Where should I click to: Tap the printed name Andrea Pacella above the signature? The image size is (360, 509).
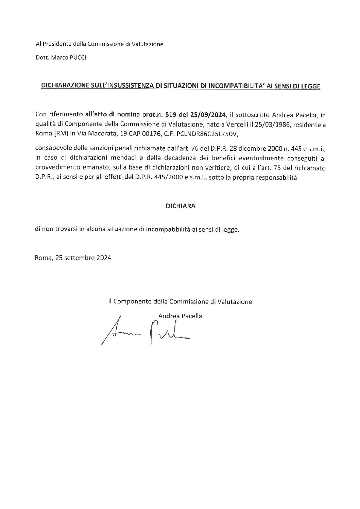click(x=180, y=316)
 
